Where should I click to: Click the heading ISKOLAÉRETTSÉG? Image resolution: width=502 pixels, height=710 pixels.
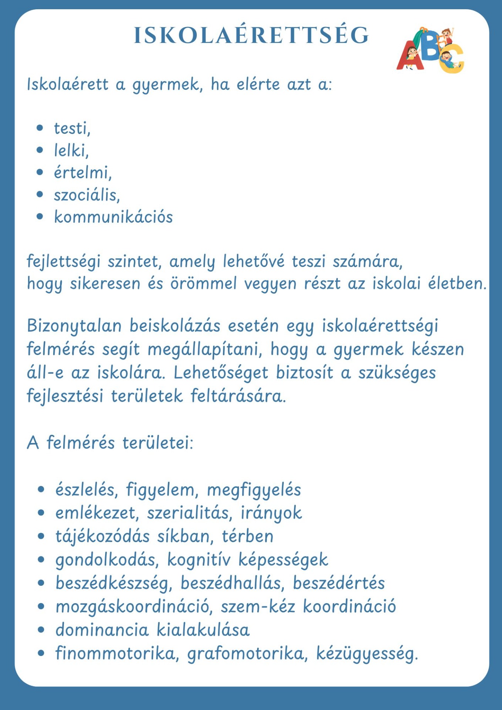251,35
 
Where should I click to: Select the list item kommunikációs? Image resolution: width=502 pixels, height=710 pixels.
113,217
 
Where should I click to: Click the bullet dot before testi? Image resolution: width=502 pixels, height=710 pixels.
40,128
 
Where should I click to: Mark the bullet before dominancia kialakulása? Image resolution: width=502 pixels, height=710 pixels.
41,630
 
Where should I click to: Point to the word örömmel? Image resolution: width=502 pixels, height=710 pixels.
203,284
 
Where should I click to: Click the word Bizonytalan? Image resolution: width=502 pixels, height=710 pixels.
74,326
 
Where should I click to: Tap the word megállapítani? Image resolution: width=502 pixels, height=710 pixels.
204,349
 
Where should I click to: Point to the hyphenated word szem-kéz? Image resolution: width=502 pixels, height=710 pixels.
258,606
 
